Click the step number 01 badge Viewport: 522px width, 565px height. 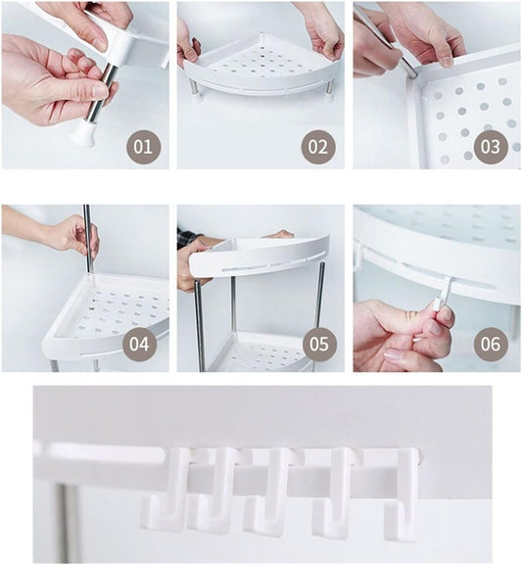[143, 147]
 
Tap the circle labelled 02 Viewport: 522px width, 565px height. [317, 147]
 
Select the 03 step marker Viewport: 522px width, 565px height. [491, 147]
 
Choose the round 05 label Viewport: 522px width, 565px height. [319, 344]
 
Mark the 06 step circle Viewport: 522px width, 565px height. [491, 344]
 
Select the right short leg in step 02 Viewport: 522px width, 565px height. [328, 91]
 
